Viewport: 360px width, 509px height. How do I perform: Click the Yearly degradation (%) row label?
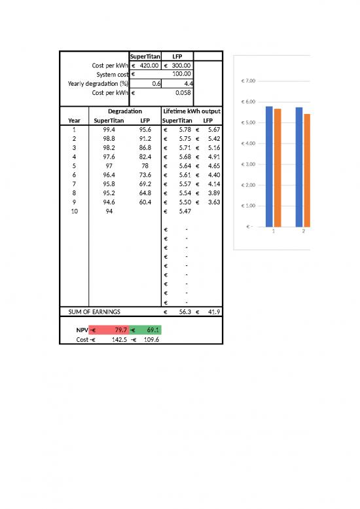[98, 84]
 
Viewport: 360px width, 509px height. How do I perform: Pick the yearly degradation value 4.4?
[187, 84]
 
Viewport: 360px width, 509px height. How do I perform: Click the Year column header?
[75, 121]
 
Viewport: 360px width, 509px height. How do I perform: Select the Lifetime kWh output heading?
[192, 111]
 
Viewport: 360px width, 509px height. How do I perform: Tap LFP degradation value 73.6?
[145, 176]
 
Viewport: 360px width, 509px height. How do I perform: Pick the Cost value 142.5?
[118, 340]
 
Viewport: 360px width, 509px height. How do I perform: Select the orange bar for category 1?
[278, 166]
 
